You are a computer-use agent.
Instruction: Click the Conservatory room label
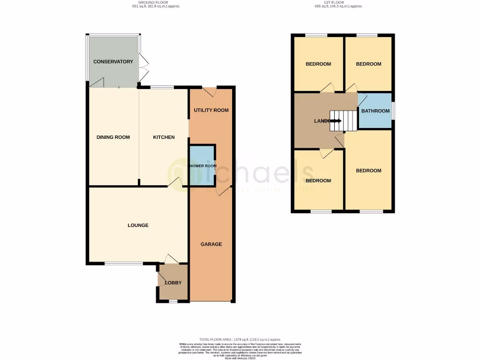pyautogui.click(x=113, y=62)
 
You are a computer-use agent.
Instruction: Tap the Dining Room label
pyautogui.click(x=113, y=137)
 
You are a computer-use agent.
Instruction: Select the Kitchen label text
pyautogui.click(x=164, y=137)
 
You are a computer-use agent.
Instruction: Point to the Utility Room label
pyautogui.click(x=211, y=111)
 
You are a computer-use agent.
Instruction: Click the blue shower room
pyautogui.click(x=202, y=165)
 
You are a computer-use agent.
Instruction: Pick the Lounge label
pyautogui.click(x=138, y=225)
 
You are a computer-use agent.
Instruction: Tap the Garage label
pyautogui.click(x=211, y=244)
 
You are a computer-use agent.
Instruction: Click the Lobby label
pyautogui.click(x=173, y=283)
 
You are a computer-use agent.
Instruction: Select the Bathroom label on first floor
pyautogui.click(x=375, y=111)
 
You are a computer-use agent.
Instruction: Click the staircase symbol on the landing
pyautogui.click(x=336, y=121)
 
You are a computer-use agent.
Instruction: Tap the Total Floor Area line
pyautogui.click(x=240, y=339)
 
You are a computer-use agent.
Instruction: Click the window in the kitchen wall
pyautogui.click(x=161, y=87)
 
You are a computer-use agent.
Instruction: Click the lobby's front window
pyautogui.click(x=173, y=301)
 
